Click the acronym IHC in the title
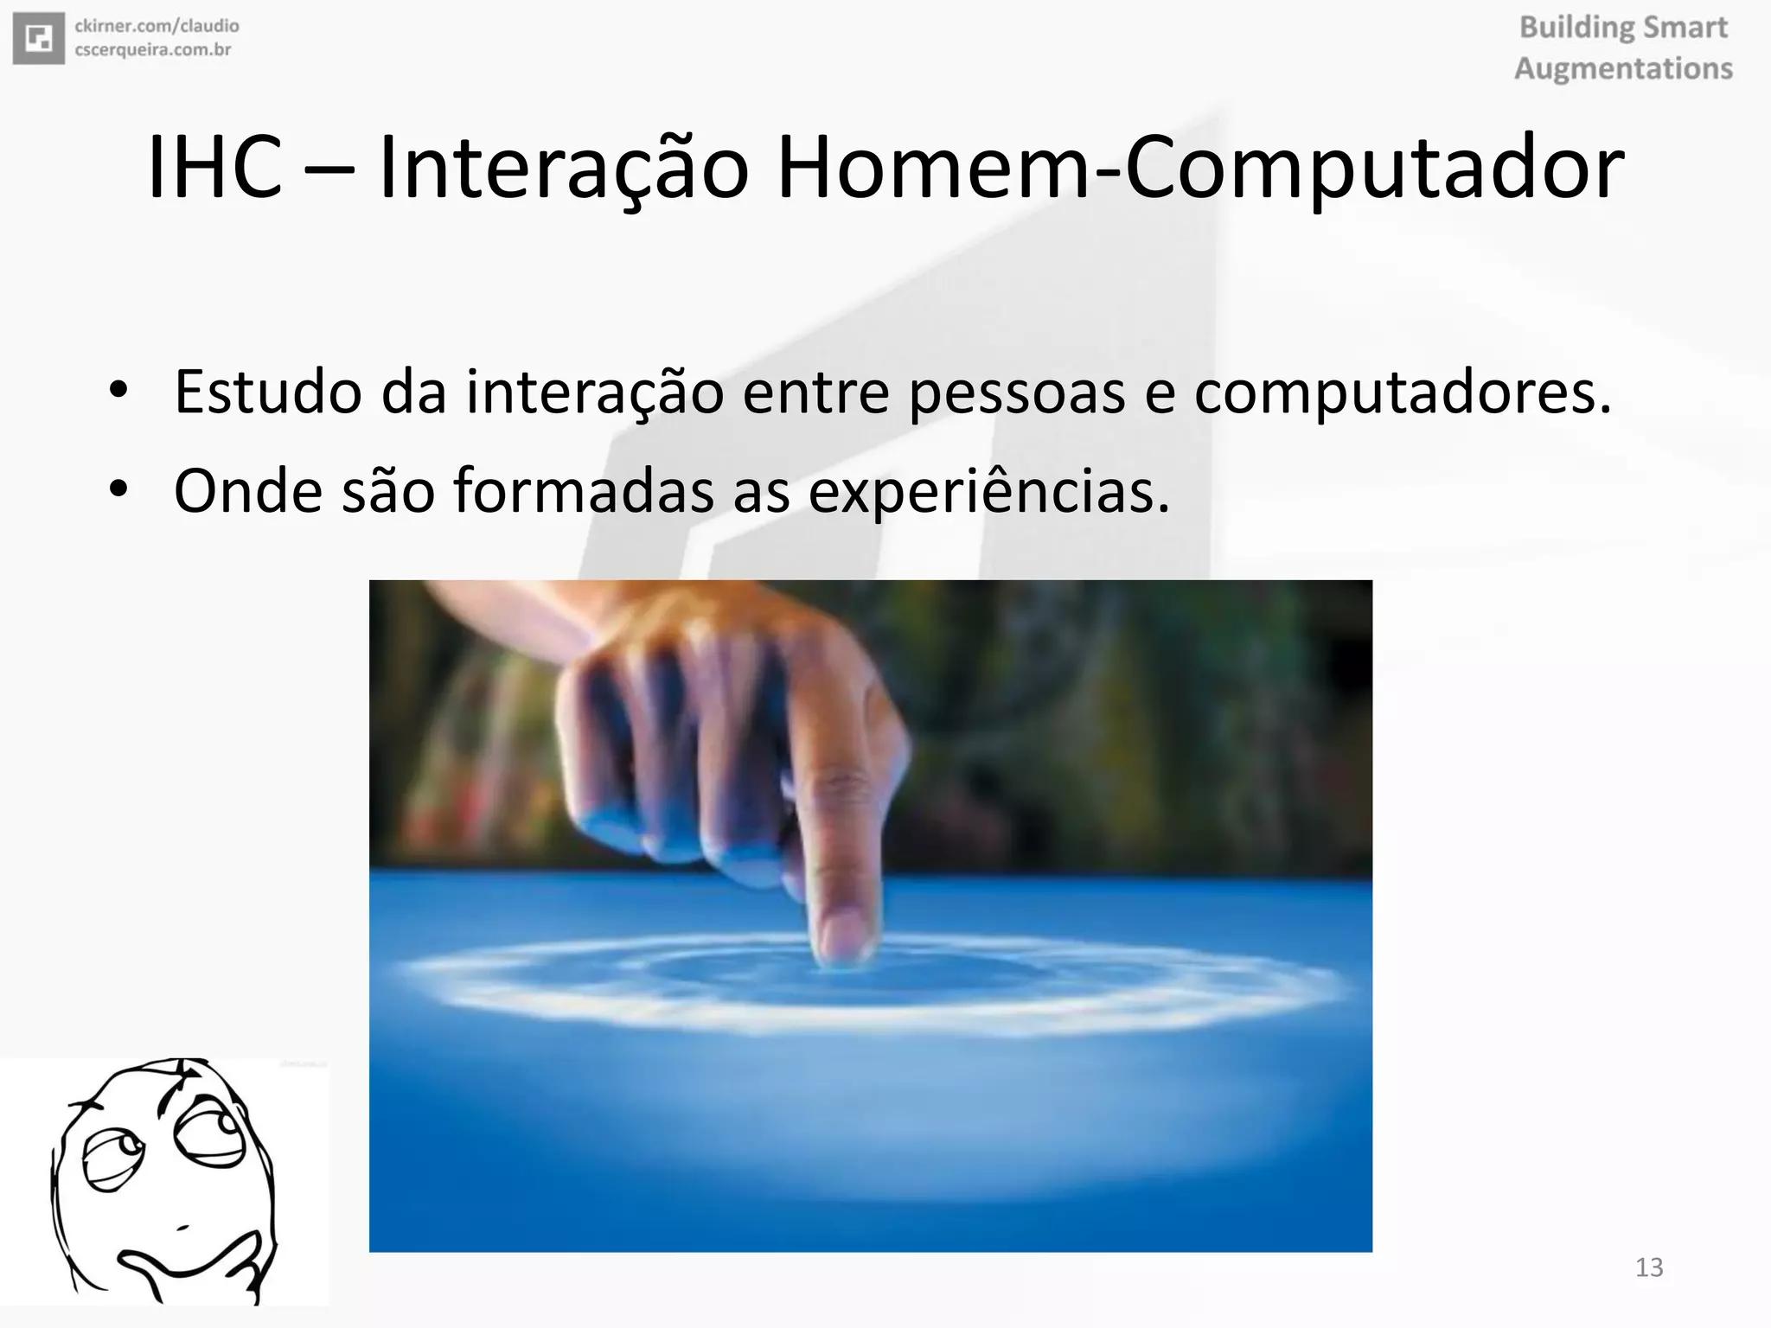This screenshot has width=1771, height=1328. click(x=214, y=168)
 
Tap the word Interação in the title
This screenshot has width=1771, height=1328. click(x=563, y=168)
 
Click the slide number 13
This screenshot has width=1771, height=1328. click(x=1649, y=1267)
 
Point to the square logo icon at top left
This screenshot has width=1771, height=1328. click(x=39, y=39)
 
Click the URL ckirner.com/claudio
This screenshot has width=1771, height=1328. click(x=157, y=27)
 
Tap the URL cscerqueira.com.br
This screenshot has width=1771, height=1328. click(x=153, y=50)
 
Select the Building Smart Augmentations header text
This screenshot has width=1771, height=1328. click(x=1623, y=48)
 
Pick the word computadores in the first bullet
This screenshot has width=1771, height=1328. click(x=1402, y=392)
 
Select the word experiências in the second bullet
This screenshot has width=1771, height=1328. click(x=988, y=491)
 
